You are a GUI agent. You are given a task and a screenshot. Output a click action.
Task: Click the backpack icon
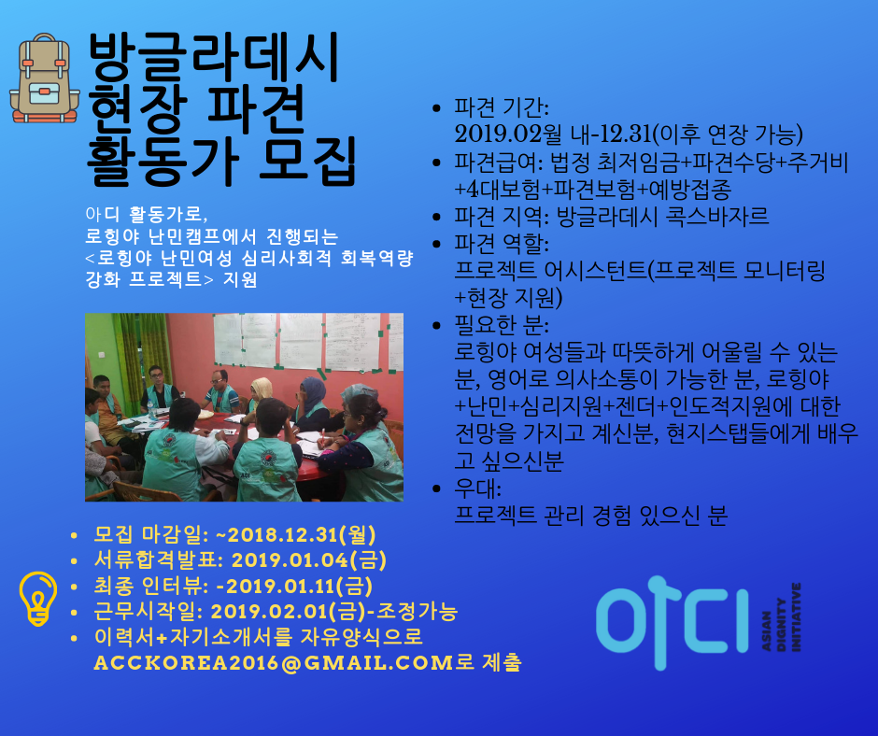coord(44,78)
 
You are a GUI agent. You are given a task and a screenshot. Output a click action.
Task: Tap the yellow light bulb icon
coord(38,598)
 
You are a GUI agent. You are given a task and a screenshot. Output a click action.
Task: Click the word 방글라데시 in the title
coord(213,58)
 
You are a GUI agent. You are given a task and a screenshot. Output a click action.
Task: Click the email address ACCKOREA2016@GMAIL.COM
coord(274,662)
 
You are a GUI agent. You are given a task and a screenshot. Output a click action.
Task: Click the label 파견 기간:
coord(502,107)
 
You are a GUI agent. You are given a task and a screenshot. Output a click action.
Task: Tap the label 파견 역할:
coord(502,244)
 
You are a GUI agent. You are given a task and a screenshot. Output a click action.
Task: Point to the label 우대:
coord(477,488)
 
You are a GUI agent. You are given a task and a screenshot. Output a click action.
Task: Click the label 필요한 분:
coord(502,325)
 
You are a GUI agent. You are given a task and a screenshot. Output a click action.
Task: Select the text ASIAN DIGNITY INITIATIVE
coord(781,617)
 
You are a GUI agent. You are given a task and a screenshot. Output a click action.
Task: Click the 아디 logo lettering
coord(673,622)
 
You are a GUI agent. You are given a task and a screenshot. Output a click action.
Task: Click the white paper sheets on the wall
coord(308,342)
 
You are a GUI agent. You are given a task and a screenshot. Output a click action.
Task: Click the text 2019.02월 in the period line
coord(508,134)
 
